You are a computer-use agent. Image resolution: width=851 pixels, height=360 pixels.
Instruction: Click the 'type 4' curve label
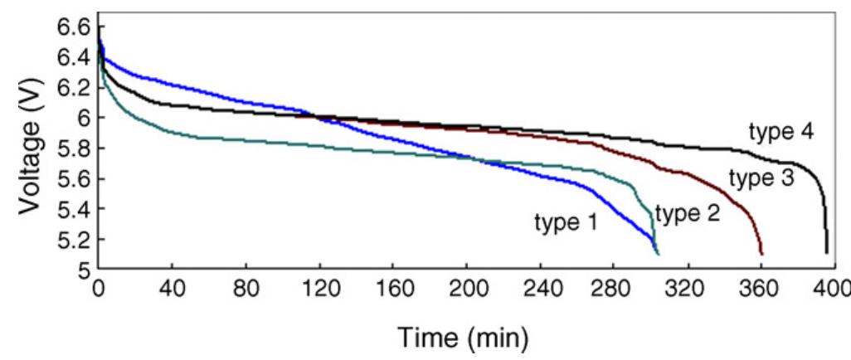tap(780, 133)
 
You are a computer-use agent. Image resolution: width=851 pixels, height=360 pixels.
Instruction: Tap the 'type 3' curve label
tap(761, 178)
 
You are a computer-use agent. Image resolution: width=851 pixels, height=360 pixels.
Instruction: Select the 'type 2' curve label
tap(687, 214)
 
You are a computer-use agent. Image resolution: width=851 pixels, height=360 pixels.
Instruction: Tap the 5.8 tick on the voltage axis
tap(73, 148)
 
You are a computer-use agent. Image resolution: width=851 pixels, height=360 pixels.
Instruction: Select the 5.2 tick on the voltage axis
tap(73, 241)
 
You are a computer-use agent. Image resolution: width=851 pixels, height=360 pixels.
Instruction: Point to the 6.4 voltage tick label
tap(73, 57)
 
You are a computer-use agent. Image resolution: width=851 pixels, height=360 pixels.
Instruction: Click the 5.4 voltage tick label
tap(73, 210)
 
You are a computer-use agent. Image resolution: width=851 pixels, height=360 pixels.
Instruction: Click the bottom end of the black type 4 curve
tap(826, 251)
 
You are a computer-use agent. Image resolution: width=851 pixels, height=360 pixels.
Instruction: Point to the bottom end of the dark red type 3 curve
tap(761, 253)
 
